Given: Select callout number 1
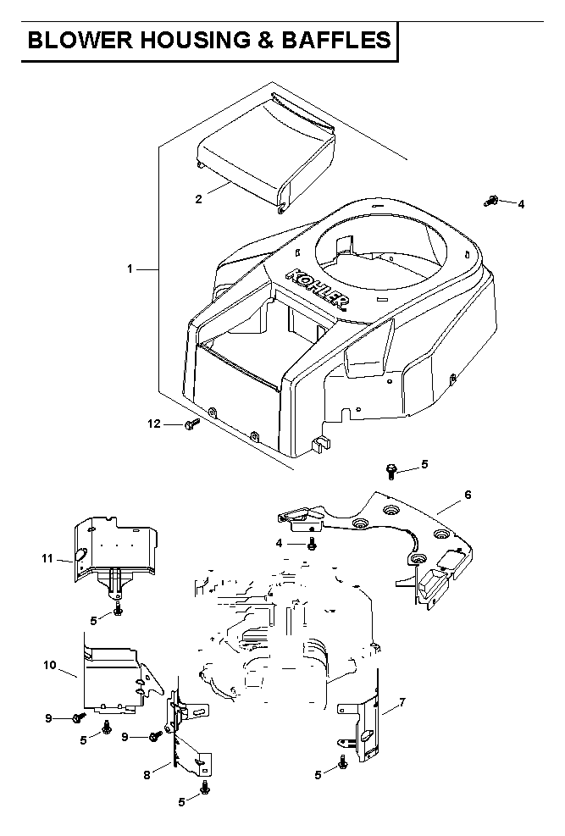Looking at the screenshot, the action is [x=130, y=269].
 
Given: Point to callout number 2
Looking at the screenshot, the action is [x=198, y=199].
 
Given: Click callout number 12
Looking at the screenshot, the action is [x=154, y=424].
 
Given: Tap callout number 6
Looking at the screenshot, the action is [x=468, y=495].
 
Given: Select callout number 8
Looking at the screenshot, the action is [x=147, y=775].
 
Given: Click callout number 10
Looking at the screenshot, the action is [x=50, y=665].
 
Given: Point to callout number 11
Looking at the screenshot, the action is [x=47, y=558].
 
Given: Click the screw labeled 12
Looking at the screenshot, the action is [x=191, y=424].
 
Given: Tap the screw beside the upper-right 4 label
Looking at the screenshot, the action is [x=490, y=201].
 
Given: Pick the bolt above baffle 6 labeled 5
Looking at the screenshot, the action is [x=391, y=471].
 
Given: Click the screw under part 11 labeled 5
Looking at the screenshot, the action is [x=118, y=609].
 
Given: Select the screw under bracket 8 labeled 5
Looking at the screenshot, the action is [x=204, y=788].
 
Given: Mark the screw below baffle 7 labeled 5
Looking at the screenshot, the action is [x=343, y=762].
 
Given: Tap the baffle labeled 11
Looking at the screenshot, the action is [x=114, y=555].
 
